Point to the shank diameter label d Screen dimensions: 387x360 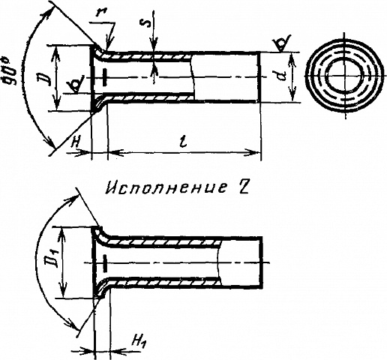tap(282, 76)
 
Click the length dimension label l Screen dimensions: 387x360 tap(184, 142)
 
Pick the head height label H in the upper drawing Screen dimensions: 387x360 tap(75, 143)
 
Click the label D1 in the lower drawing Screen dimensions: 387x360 tap(54, 260)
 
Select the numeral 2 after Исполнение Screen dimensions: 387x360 tap(241, 187)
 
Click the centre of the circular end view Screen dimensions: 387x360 tap(345, 76)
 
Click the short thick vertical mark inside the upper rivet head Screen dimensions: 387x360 tap(105, 77)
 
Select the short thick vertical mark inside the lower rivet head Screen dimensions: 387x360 tap(105, 263)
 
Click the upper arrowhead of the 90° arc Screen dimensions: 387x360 tap(48, 16)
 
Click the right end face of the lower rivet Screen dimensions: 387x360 tap(262, 262)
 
